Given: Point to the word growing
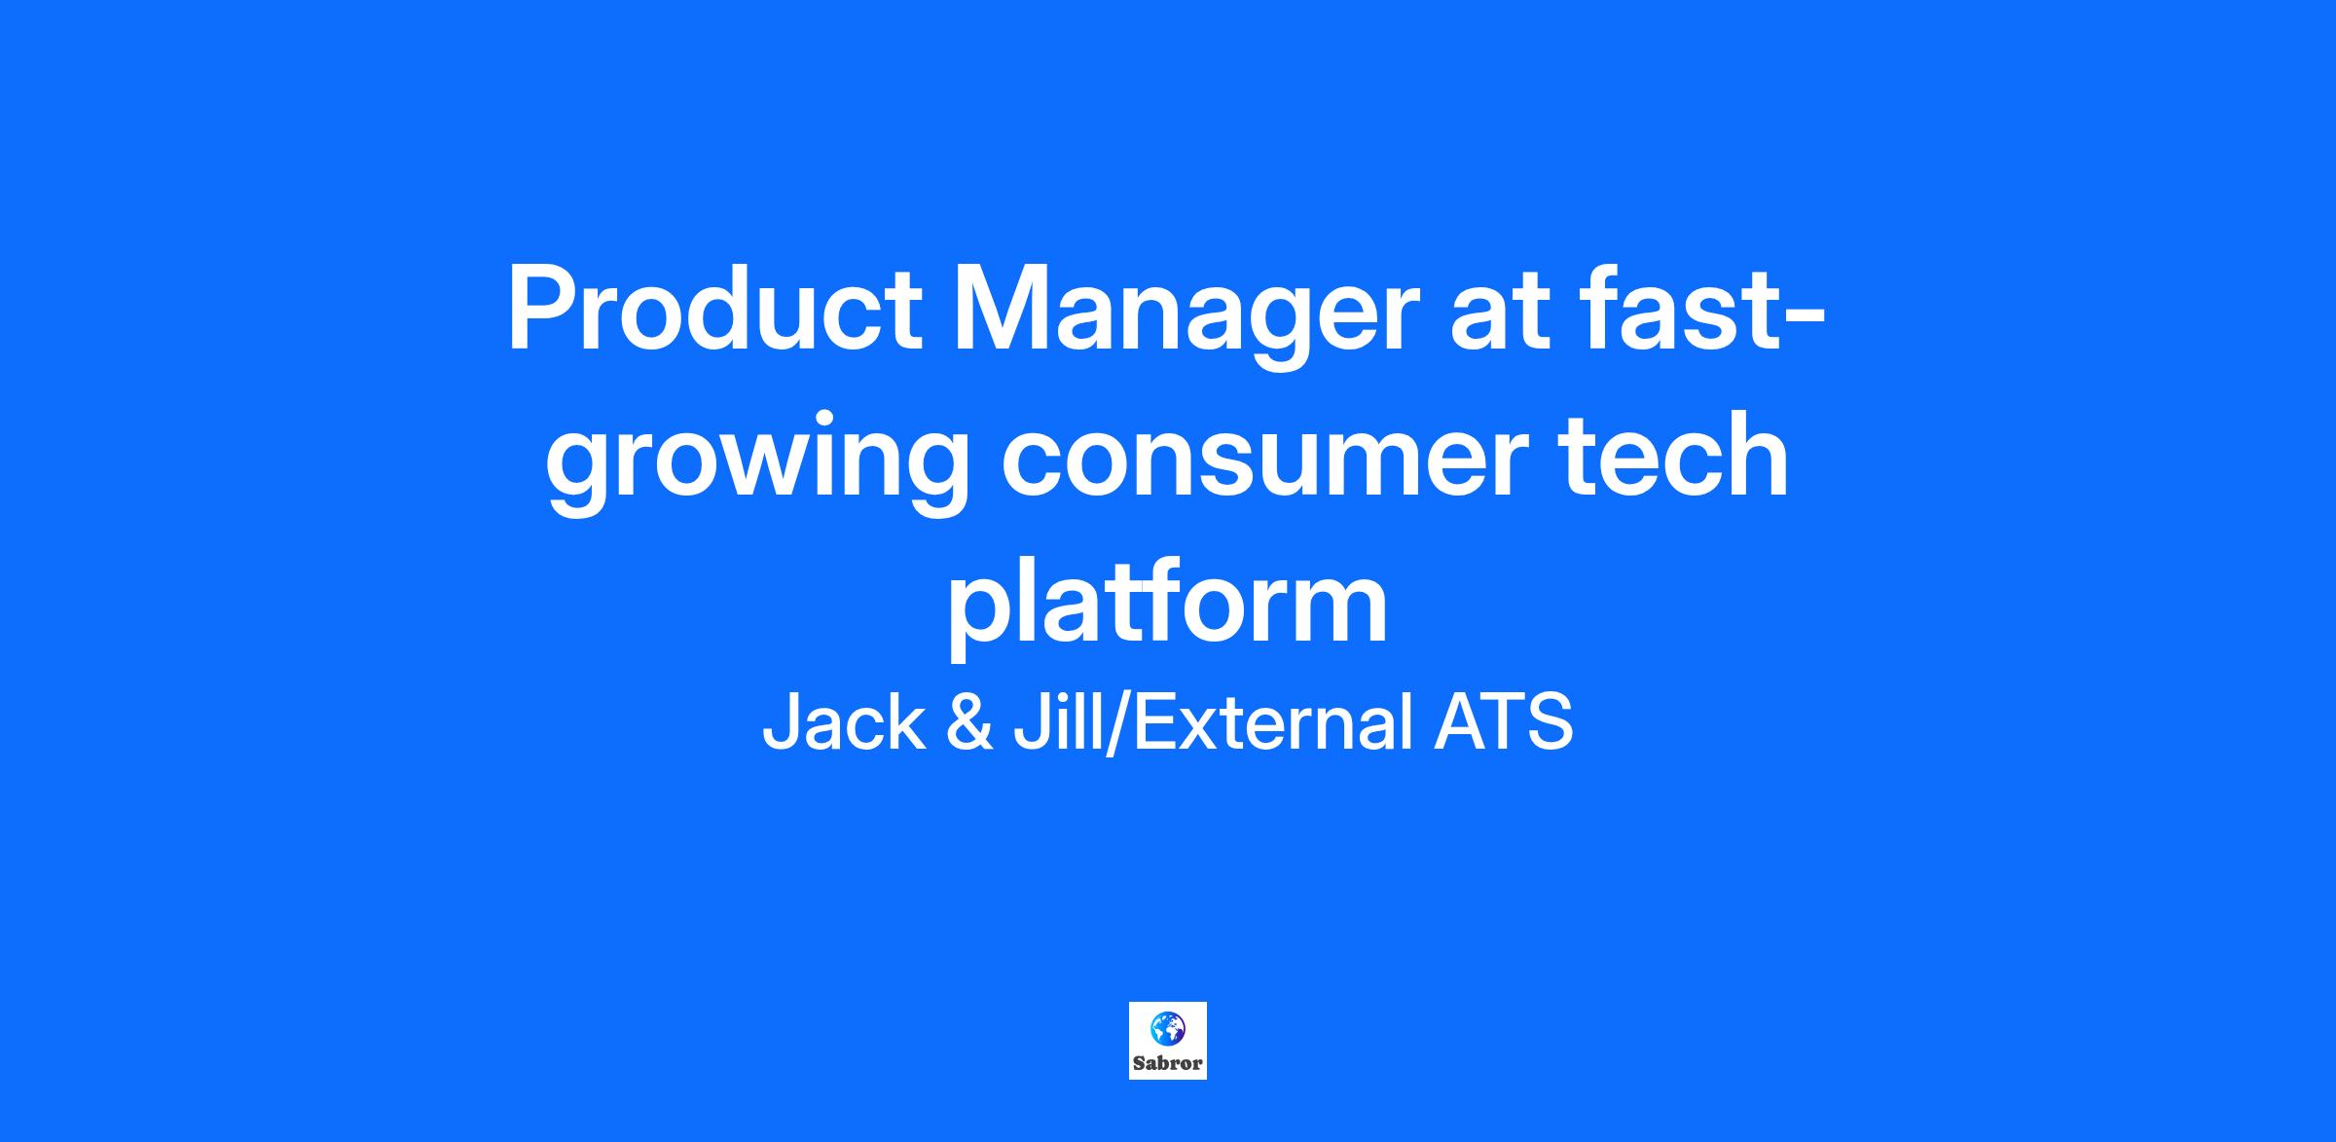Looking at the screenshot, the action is click(x=756, y=463).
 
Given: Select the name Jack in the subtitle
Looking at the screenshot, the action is click(x=843, y=722).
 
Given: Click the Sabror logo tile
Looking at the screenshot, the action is click(x=1168, y=1040).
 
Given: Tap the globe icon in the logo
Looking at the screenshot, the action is click(x=1167, y=1029).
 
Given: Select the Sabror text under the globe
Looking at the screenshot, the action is click(x=1168, y=1063).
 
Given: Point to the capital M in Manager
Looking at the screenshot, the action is click(x=1002, y=309).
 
